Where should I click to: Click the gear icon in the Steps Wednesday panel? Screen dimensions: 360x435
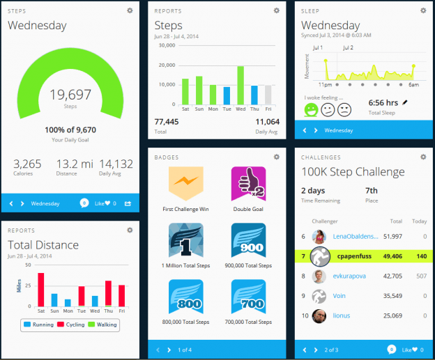130,10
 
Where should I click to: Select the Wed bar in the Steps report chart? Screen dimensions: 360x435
241,85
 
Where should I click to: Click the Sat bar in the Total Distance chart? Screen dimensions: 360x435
40,289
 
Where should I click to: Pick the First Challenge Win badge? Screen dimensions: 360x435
185,185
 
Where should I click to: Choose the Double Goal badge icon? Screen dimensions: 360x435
248,185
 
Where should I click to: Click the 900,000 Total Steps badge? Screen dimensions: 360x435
248,241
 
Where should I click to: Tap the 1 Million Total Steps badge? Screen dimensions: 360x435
185,241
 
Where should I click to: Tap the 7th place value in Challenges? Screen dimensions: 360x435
372,190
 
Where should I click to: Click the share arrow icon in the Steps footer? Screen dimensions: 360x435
128,203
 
